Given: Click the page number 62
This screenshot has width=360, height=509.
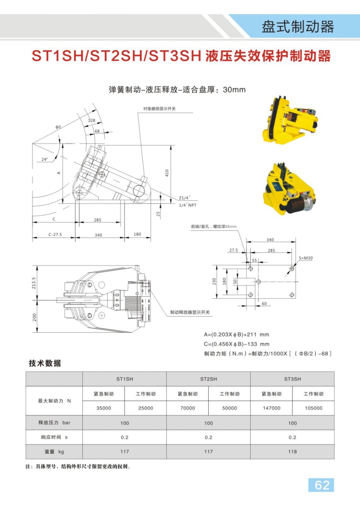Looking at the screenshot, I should tap(321, 485).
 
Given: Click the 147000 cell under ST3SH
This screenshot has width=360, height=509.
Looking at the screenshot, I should tap(271, 408).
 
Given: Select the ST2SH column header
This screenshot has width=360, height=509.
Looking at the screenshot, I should tap(208, 379).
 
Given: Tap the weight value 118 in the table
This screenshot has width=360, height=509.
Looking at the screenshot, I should tap(292, 452).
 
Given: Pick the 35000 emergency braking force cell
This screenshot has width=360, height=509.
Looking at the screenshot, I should tap(104, 408).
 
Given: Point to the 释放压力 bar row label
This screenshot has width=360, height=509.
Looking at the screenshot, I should tap(54, 423).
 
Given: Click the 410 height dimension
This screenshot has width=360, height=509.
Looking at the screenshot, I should tap(167, 173).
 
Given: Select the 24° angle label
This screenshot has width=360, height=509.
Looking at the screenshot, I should tap(44, 159).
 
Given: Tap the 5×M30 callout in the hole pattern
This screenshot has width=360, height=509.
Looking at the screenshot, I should tap(306, 258).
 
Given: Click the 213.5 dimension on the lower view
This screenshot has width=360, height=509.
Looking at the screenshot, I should tap(34, 283).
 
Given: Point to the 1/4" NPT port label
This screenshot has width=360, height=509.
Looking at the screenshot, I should tap(188, 205).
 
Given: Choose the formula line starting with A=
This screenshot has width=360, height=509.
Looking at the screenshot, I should tap(236, 334).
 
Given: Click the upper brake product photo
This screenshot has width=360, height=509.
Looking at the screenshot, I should tap(290, 120).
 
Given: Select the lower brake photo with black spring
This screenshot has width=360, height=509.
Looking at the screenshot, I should tap(289, 190).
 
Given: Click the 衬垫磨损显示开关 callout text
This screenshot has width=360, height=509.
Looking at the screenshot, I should tap(159, 109).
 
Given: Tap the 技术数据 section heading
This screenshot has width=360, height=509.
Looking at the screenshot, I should tap(45, 363).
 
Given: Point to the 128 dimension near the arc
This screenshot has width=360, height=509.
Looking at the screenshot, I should tap(92, 121).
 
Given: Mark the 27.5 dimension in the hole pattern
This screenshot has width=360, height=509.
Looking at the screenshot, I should tap(233, 250).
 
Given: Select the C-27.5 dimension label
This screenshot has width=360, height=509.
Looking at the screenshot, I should tap(55, 235).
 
